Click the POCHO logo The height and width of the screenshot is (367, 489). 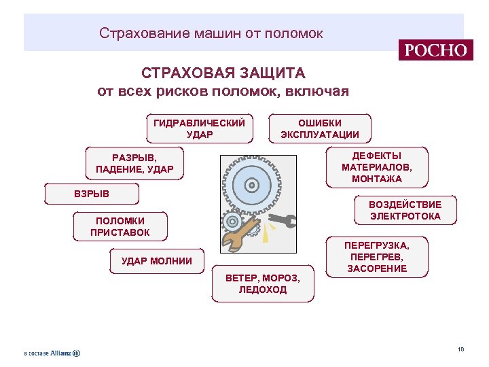click(436, 50)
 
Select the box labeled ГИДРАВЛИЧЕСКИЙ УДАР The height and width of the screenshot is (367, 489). click(199, 128)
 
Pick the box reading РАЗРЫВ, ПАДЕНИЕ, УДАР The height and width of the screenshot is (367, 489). click(134, 163)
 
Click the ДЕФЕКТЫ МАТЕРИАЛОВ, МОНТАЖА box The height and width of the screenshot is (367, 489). click(377, 167)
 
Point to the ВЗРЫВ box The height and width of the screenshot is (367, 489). click(91, 194)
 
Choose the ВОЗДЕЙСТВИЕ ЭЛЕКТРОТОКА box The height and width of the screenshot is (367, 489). click(405, 211)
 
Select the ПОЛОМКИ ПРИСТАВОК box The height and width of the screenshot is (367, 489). click(120, 226)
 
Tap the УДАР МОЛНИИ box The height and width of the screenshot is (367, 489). click(157, 261)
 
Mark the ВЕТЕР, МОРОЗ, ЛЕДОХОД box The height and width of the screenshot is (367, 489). click(263, 283)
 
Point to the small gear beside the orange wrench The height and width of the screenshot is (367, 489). click(232, 221)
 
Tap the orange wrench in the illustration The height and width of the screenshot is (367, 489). click(237, 235)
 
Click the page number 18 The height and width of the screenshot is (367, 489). click(460, 349)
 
